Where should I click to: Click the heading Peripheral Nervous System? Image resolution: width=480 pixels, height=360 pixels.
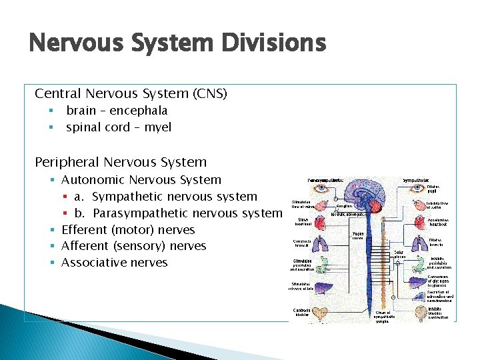tap(121, 162)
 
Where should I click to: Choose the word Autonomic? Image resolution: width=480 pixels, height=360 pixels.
tap(93, 180)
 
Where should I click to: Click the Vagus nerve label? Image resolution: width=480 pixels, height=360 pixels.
tap(359, 236)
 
